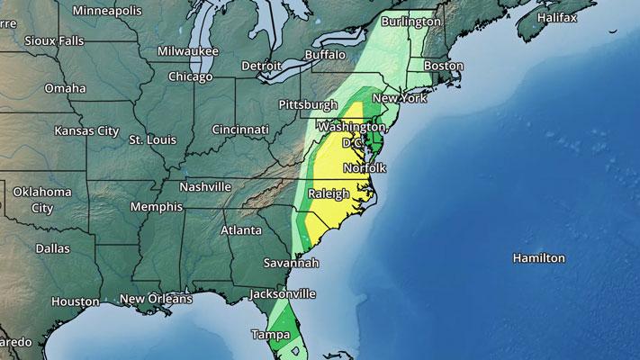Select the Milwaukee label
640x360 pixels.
(x=188, y=51)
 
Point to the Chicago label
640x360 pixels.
(x=190, y=76)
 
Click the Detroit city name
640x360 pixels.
(x=262, y=66)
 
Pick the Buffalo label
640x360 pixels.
(x=325, y=55)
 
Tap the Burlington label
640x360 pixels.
(x=411, y=21)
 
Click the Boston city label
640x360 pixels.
(x=443, y=66)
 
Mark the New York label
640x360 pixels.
(x=399, y=98)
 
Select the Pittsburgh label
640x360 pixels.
(x=309, y=105)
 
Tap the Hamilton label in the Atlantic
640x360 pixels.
(x=538, y=258)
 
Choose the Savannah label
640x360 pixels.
(x=290, y=264)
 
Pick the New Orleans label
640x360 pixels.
(x=156, y=299)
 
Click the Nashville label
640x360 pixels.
(x=206, y=187)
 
